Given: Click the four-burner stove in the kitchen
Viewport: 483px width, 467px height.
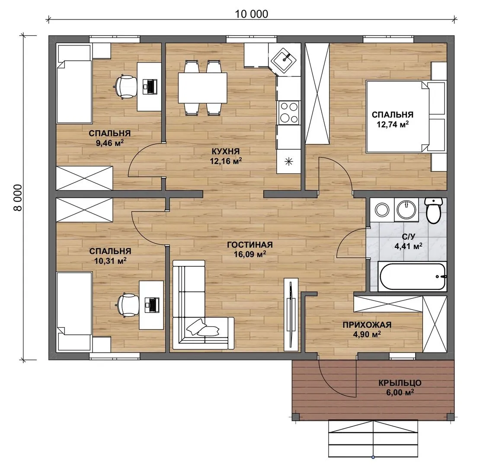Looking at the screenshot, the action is tap(289, 112).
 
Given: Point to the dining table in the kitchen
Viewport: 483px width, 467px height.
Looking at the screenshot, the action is tap(202, 88).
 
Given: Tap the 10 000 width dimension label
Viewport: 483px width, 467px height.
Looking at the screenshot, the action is tap(252, 14).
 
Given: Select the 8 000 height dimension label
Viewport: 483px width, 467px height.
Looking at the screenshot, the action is tap(18, 198).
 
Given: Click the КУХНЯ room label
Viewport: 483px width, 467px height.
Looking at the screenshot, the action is tap(225, 151).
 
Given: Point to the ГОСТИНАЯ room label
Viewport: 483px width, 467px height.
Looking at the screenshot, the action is tap(250, 245).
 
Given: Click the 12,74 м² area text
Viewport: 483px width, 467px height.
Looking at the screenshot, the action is tap(393, 124).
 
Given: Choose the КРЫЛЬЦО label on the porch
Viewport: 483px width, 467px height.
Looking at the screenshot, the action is tap(400, 383).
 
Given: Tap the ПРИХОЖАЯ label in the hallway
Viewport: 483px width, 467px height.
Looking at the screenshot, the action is tap(367, 325).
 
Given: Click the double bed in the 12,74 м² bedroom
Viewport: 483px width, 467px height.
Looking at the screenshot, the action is tap(406, 116).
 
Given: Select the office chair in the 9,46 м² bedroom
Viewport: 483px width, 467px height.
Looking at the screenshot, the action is tap(126, 86).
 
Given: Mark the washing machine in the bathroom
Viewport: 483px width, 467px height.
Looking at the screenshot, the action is tap(382, 210).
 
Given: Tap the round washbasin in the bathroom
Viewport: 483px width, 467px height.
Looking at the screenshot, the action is tap(406, 209).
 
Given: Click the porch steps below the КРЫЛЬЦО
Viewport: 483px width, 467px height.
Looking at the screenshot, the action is tap(373, 438).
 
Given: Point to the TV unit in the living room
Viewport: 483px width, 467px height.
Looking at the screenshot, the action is tap(291, 314).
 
